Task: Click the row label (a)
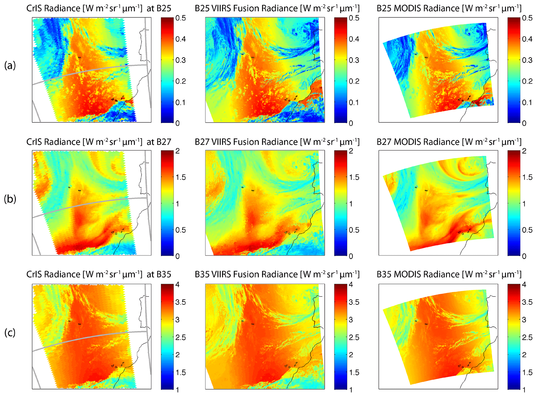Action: pos(10,65)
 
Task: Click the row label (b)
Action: pos(10,199)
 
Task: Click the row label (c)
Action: pos(10,332)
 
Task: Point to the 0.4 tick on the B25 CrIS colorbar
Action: pos(180,39)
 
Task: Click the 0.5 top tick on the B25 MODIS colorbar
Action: pos(527,18)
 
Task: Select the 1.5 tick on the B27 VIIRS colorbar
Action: pos(354,177)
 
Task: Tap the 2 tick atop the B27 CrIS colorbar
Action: pos(178,151)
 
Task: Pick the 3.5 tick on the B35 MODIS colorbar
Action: pos(527,302)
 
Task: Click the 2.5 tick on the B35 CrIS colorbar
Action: pos(180,338)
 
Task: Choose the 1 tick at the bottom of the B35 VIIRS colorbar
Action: pos(351,389)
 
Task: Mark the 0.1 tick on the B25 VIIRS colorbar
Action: pos(354,102)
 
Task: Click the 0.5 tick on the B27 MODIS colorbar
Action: pos(527,230)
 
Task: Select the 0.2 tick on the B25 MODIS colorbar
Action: pos(527,81)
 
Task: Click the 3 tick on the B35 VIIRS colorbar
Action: pos(351,320)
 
